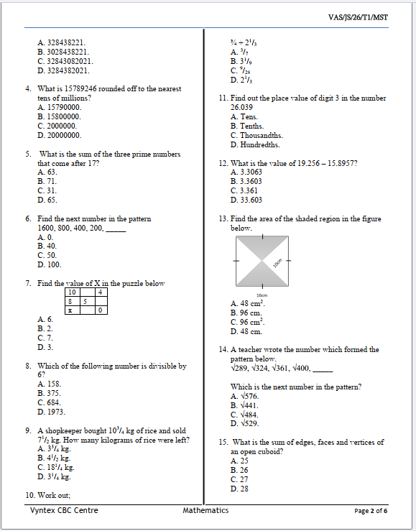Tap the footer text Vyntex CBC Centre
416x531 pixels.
coord(64,510)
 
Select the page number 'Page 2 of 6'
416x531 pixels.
coord(371,511)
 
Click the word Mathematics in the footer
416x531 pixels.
coord(205,510)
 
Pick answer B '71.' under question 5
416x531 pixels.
coord(47,182)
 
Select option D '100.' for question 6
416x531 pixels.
coord(49,264)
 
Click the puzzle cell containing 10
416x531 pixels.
coord(72,292)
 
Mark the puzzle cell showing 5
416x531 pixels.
coord(85,302)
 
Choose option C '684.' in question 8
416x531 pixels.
coord(49,403)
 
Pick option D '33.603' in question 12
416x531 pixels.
coord(246,200)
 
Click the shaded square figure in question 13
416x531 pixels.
coord(264,262)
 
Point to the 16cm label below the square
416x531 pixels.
coord(264,295)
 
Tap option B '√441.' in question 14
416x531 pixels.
coord(244,405)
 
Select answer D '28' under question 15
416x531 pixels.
coord(239,489)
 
